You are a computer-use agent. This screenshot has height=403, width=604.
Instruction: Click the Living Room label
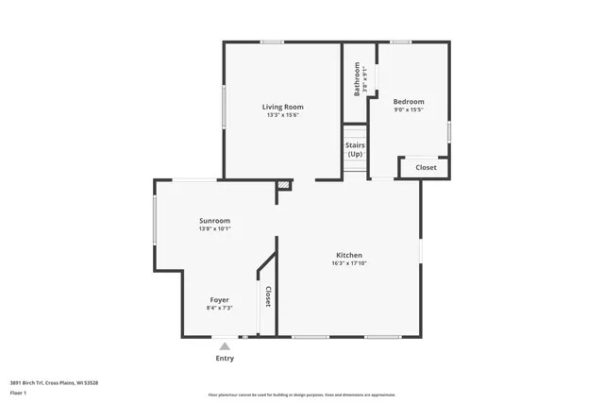pos(282,107)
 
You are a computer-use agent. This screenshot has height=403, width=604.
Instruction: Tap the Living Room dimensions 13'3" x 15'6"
pos(282,115)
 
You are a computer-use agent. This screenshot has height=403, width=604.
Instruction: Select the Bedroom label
pos(409,101)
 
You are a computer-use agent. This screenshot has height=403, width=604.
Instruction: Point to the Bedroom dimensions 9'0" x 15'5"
pos(409,109)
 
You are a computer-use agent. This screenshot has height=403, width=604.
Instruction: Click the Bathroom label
pos(357,79)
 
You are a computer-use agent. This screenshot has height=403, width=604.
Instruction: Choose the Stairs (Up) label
pos(355,149)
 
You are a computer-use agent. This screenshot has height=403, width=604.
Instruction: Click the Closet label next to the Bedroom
pos(426,167)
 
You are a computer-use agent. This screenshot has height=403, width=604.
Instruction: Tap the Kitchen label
pos(349,255)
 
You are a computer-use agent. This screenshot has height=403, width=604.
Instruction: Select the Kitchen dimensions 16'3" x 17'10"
pos(349,263)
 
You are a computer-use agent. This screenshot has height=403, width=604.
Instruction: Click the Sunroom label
pos(214,220)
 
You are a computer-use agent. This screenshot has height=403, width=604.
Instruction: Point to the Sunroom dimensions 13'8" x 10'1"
pos(214,228)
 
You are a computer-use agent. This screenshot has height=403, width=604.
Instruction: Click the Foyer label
pos(219,299)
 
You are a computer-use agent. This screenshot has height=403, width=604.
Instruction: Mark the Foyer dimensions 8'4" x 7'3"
pos(219,308)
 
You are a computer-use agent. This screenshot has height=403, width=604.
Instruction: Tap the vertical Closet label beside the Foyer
pos(267,296)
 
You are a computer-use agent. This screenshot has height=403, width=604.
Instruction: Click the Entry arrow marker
pos(225,346)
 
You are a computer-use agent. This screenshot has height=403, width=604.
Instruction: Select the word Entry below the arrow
pos(225,358)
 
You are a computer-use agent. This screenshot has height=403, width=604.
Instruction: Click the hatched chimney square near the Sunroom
pos(282,185)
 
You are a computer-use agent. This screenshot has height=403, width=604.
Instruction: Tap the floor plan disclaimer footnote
pos(301,395)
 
